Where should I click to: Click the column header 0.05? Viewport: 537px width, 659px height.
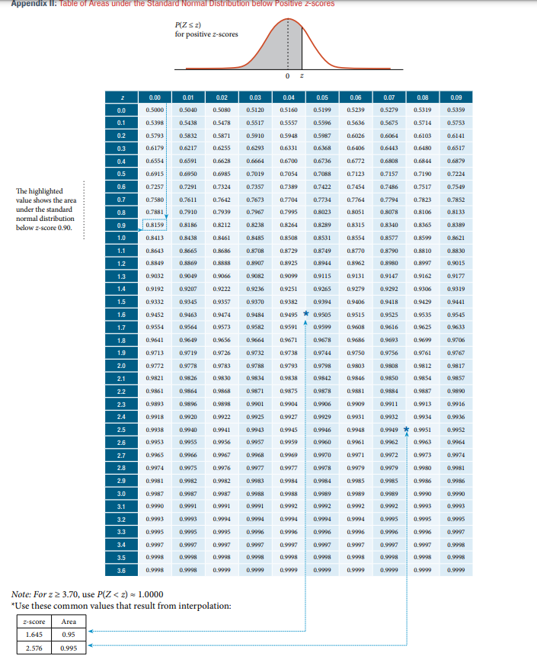coord(322,98)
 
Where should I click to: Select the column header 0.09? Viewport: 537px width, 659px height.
coord(456,98)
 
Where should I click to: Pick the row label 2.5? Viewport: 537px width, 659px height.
coord(121,430)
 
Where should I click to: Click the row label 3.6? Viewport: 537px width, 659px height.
coord(121,570)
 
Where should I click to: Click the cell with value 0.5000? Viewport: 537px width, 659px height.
coord(155,110)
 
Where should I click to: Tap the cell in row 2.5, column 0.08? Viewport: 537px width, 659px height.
coord(423,430)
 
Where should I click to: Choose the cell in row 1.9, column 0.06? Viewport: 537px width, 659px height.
coord(356,353)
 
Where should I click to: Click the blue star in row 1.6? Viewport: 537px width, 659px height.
coord(306,312)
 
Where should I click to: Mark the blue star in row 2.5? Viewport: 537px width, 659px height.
coord(407,429)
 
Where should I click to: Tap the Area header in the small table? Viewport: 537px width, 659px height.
coord(69,620)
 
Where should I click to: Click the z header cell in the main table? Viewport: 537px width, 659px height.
coord(121,98)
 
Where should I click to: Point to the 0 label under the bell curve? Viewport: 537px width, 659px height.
coord(288,76)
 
